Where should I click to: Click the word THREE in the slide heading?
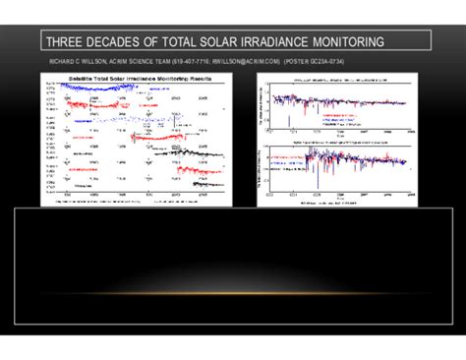pos(68,42)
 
